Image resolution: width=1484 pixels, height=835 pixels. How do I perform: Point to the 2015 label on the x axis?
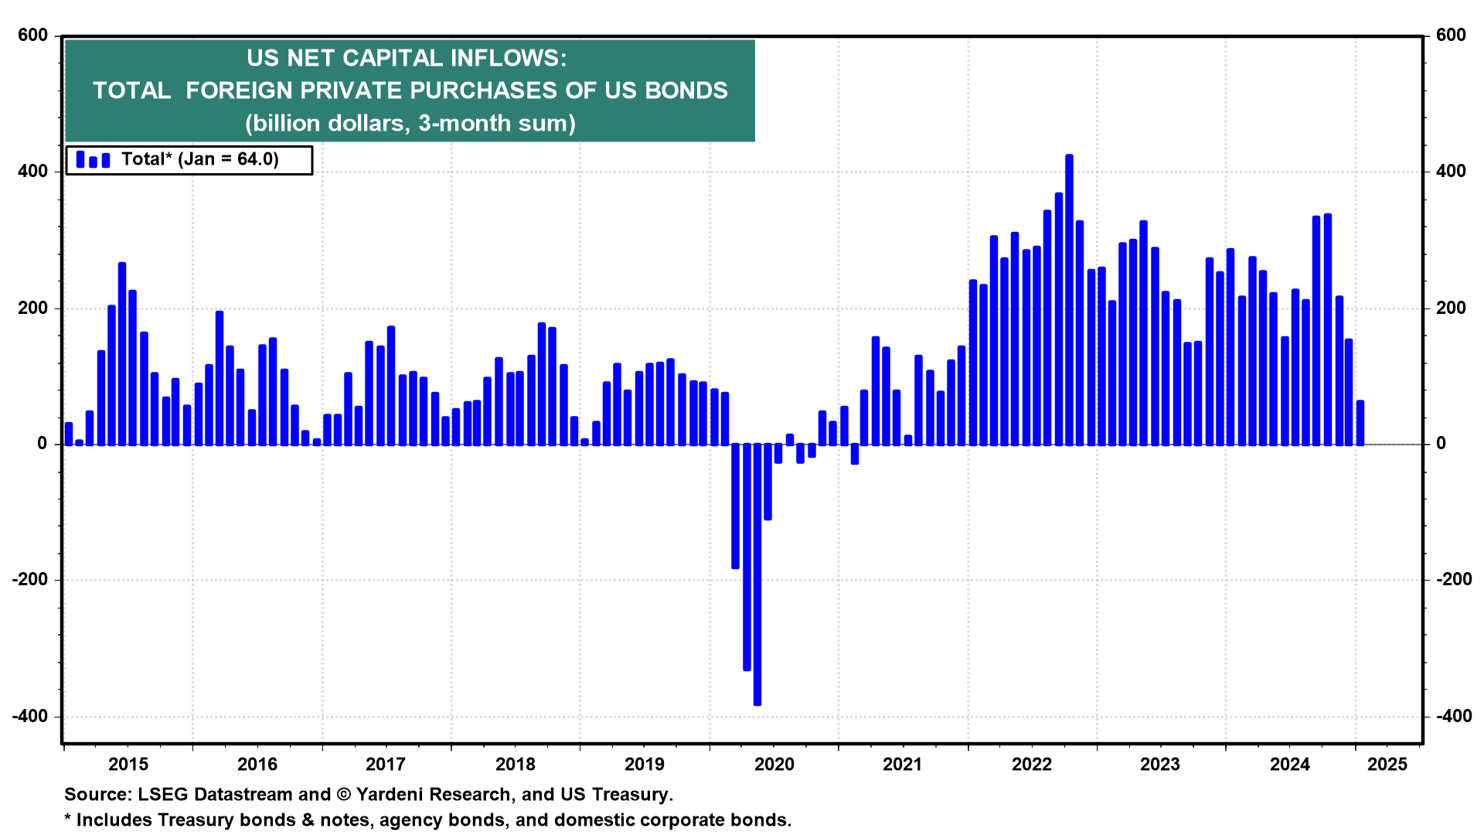[128, 765]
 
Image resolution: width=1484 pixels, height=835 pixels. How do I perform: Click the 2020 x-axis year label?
[774, 765]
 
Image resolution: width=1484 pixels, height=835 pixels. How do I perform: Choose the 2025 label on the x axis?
[1387, 765]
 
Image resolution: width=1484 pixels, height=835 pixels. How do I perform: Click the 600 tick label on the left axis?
[32, 36]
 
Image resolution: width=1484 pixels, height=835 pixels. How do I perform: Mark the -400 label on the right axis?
[1454, 716]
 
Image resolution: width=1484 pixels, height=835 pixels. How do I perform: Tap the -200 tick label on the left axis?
[29, 580]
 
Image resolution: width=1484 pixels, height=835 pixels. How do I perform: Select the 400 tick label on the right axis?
[1451, 172]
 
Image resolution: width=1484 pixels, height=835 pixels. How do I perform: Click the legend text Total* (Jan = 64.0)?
[199, 159]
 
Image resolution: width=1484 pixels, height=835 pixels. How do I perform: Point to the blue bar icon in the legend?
[93, 160]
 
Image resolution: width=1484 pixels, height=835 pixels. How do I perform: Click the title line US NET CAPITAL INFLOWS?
[407, 58]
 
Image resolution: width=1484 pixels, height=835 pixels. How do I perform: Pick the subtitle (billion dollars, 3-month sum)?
[410, 123]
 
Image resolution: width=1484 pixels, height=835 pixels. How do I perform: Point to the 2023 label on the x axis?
[1160, 765]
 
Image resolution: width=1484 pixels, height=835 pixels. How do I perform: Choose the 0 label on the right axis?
[1441, 444]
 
